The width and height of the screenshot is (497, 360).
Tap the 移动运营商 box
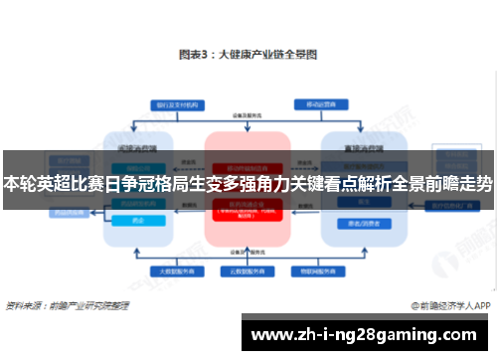click(317, 104)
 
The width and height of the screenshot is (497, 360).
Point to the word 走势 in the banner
click(474, 184)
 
